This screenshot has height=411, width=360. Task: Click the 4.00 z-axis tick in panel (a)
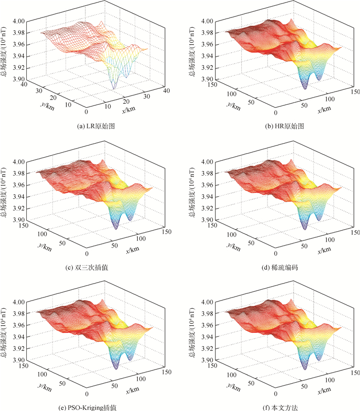click(20, 22)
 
